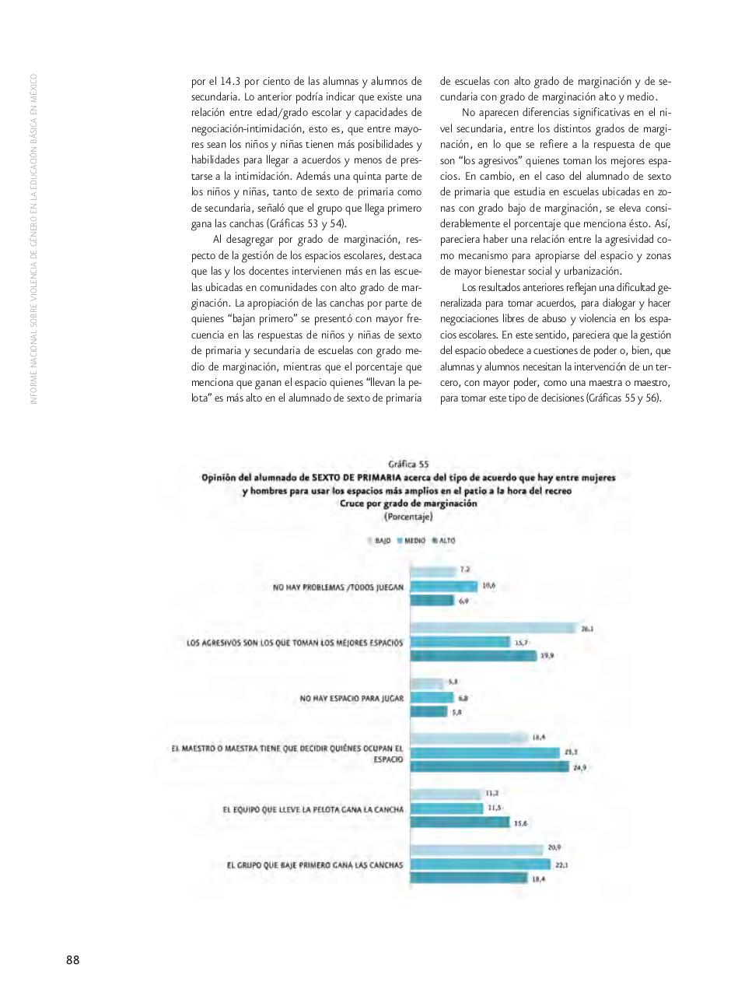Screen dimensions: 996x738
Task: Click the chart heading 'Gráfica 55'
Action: [x=408, y=465]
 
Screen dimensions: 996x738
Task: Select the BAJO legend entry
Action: [x=379, y=539]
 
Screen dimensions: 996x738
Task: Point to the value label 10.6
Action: [x=489, y=585]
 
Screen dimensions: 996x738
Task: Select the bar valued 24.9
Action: [x=490, y=767]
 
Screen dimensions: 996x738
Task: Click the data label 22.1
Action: [x=562, y=864]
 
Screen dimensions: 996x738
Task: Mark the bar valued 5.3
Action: [x=427, y=683]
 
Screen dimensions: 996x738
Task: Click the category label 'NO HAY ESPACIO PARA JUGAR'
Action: [x=352, y=699]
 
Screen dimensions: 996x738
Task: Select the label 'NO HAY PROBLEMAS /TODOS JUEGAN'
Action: [x=338, y=587]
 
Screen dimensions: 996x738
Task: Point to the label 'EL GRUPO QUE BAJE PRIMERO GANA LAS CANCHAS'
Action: [x=315, y=864]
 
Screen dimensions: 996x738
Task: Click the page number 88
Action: [x=72, y=959]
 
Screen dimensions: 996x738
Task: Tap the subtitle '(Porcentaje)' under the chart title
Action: [x=408, y=516]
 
